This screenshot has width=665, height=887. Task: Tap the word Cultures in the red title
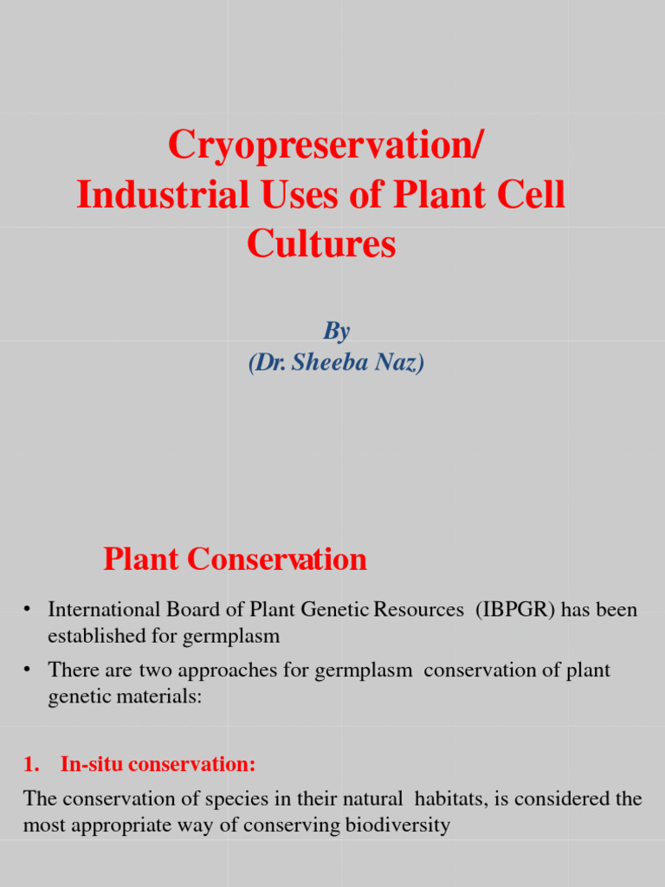click(321, 244)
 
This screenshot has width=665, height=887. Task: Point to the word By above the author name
click(337, 331)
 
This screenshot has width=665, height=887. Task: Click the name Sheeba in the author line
click(328, 362)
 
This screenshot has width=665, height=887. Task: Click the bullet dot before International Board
click(29, 611)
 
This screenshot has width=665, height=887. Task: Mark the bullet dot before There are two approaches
click(29, 670)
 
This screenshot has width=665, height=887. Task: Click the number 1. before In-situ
click(31, 765)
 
